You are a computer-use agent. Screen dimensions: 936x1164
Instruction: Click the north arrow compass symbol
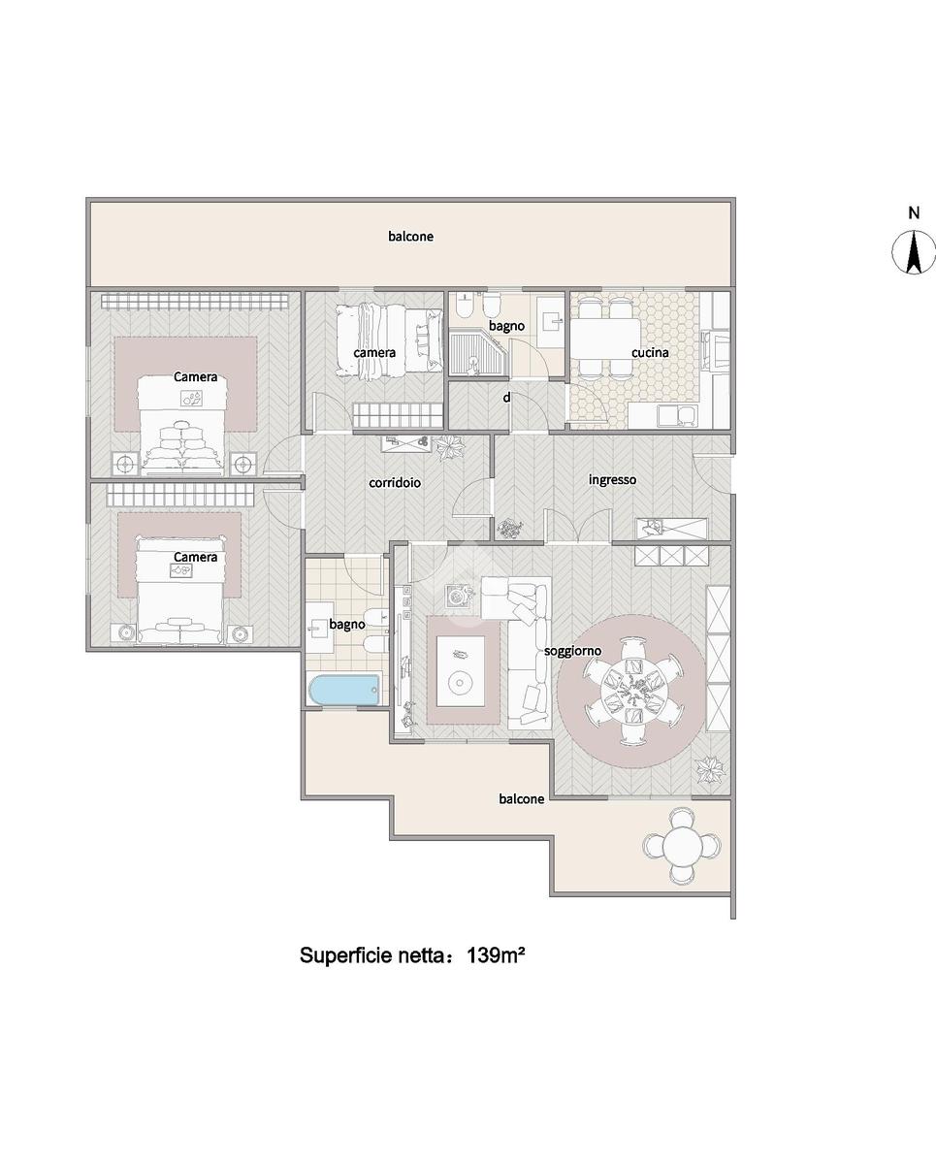point(914,252)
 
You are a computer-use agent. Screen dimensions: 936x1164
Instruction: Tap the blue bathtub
point(344,689)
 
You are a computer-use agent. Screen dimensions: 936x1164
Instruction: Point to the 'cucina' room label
point(650,353)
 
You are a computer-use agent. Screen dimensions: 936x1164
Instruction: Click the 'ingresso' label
point(612,480)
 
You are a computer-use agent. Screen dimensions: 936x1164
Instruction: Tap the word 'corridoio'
point(395,482)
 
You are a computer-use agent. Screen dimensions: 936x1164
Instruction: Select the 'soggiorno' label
point(572,651)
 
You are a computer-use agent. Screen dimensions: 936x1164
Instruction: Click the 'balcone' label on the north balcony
point(410,237)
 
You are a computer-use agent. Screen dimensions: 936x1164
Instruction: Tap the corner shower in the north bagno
point(479,354)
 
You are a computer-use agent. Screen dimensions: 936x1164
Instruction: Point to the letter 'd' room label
point(506,398)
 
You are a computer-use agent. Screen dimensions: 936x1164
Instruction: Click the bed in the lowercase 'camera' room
point(389,339)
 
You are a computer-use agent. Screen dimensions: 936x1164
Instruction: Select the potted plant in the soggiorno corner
point(711,768)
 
